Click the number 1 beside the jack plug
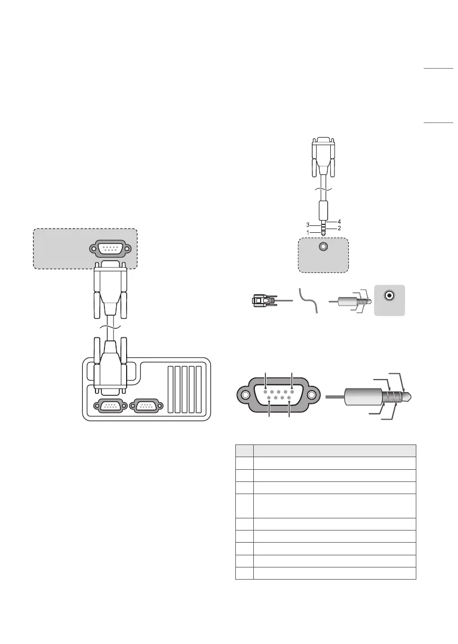click(x=308, y=233)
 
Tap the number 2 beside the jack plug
click(x=339, y=228)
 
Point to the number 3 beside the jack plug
click(x=308, y=225)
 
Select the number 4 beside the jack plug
click(x=339, y=222)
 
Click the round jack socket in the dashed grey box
click(x=323, y=247)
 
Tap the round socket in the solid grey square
click(x=389, y=296)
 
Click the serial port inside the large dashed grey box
click(x=110, y=249)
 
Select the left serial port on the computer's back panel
click(x=110, y=405)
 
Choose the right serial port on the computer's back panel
click(x=146, y=405)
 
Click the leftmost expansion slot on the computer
click(x=171, y=390)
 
